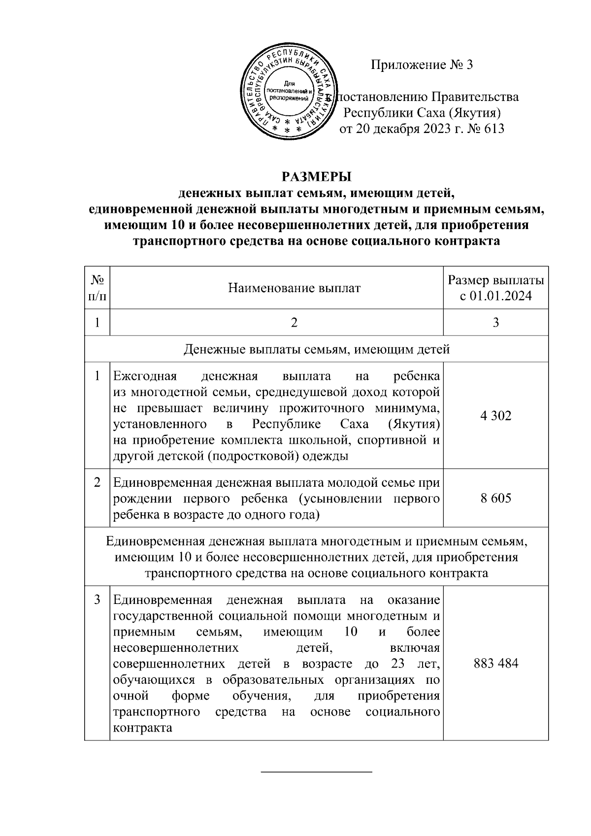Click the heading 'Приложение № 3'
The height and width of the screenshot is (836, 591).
[422, 65]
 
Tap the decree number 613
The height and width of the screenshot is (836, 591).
[494, 130]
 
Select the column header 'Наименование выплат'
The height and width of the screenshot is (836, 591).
[294, 288]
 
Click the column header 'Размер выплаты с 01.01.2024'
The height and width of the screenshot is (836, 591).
[495, 288]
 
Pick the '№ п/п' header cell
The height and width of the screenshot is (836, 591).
[97, 288]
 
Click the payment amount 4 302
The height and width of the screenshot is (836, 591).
[495, 416]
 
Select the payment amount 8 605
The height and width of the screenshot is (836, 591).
[495, 498]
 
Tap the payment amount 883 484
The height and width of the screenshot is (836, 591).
[495, 663]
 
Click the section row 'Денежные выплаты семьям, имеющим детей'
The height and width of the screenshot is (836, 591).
[317, 349]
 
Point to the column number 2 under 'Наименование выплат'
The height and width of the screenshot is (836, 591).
[294, 323]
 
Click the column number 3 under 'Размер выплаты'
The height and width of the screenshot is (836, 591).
[495, 323]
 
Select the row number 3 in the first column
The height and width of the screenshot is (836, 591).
[98, 600]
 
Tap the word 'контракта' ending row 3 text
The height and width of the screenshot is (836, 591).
[142, 728]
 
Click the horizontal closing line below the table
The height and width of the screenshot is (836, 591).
[316, 785]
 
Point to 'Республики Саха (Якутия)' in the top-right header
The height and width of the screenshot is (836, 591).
[422, 113]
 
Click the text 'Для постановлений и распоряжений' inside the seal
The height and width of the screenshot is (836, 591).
[287, 92]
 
